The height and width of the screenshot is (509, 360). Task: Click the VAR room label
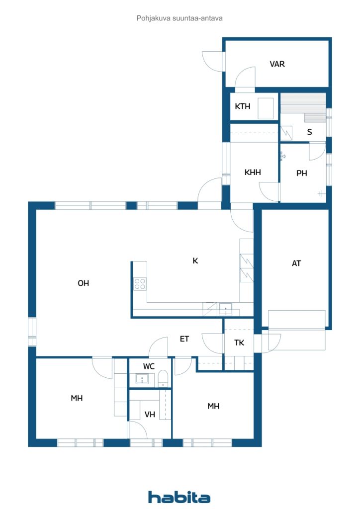pos(277,64)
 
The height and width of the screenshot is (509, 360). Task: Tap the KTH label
pos(243,106)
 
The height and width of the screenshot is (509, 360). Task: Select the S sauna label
pos(309,132)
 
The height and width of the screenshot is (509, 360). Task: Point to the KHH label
pos(253,172)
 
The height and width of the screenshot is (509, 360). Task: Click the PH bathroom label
pos(301,173)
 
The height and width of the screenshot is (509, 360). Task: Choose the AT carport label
pos(296,263)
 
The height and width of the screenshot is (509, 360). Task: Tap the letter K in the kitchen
pos(195,260)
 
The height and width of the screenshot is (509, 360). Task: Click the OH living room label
pos(84,283)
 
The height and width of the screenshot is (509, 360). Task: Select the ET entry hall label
pos(184,339)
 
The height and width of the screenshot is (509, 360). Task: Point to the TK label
pos(239,342)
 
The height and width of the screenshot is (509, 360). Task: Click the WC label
pos(149,366)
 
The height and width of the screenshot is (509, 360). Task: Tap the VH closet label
pos(150,414)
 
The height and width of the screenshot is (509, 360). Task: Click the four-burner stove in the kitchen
pos(140,284)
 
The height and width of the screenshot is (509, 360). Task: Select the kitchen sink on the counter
pos(226,309)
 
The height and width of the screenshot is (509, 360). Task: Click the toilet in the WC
pos(163,378)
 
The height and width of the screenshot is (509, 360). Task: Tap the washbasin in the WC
pos(142,379)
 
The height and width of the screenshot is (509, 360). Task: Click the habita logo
pos(179,497)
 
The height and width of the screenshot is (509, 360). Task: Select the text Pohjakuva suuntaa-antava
pos(180,18)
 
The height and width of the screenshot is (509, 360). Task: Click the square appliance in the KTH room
pos(266,108)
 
